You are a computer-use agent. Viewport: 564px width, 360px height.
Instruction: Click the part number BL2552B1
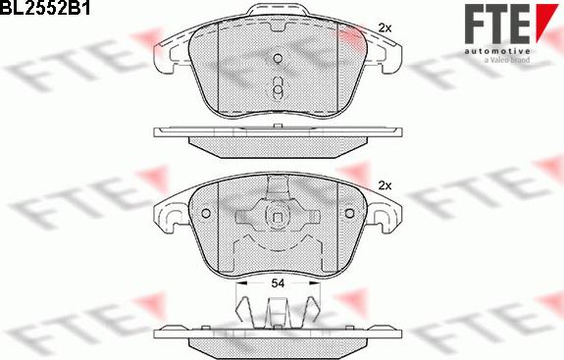coord(45,8)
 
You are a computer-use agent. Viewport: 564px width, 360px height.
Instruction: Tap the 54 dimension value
coord(278,283)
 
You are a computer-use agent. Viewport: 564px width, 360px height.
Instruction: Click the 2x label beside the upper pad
coord(385,28)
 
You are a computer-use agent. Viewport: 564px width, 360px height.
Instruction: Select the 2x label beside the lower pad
coord(385,186)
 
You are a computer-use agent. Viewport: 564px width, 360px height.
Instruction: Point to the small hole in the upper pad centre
coord(278,58)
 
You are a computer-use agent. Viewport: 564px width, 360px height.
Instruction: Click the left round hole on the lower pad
coord(206,214)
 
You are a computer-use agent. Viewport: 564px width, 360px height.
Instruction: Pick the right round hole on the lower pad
coord(349,214)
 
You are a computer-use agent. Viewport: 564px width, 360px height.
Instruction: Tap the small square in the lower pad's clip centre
coord(278,218)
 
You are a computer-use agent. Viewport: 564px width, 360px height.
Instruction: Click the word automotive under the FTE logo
coord(497,51)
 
